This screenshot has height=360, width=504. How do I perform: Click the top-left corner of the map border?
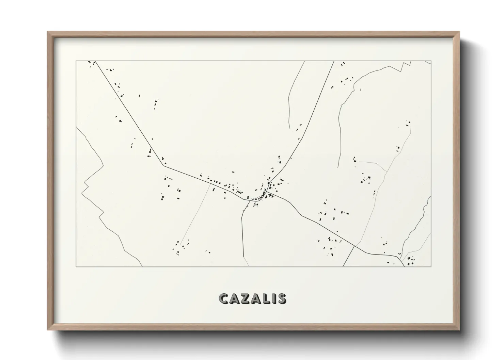(76, 61)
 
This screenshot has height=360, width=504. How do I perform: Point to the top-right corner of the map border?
(431, 61)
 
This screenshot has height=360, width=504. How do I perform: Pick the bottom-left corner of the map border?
(76, 266)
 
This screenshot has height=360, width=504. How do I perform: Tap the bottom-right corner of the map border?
(431, 266)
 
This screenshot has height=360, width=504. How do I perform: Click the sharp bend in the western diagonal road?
(164, 166)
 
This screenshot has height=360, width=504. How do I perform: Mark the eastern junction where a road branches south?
(355, 246)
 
